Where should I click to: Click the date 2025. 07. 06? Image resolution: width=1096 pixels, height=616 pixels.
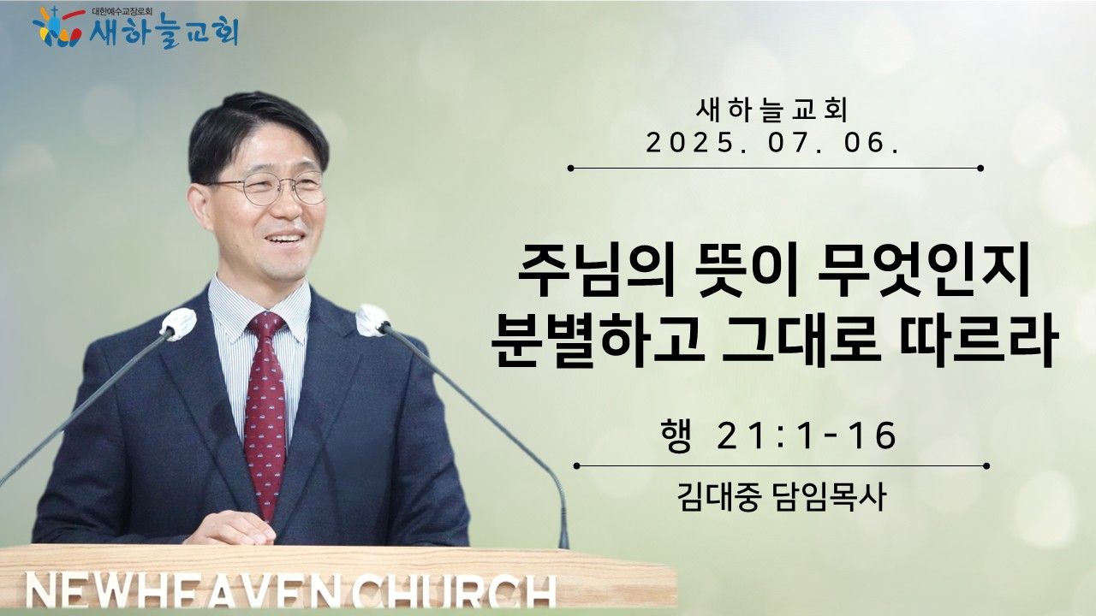point(772,143)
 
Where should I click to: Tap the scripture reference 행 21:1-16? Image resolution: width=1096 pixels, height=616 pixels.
point(778,435)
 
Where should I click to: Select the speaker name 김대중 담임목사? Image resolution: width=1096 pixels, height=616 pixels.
point(782,497)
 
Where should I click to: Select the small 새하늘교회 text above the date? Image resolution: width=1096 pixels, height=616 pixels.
point(771,110)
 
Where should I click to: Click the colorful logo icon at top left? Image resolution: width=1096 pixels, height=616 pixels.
point(57,27)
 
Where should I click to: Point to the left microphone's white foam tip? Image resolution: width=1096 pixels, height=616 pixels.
point(178,323)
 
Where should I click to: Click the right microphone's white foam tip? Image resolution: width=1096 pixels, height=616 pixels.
point(372,320)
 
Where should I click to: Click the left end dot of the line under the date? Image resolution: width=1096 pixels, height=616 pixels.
point(570,169)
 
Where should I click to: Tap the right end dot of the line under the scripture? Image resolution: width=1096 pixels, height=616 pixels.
point(986,466)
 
